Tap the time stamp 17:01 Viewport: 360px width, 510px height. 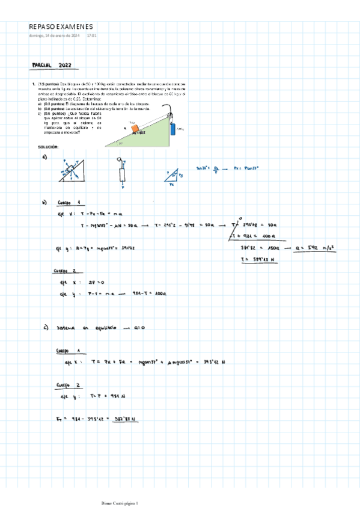(92, 35)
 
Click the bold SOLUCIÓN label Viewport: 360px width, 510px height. (47, 147)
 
